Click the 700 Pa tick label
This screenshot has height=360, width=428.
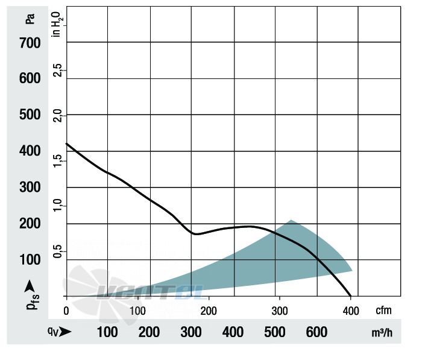click(30, 43)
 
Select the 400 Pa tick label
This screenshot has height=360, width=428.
click(30, 151)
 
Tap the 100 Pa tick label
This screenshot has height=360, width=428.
click(30, 259)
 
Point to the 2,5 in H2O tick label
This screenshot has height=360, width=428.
click(57, 70)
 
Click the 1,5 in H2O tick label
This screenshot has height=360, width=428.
click(57, 160)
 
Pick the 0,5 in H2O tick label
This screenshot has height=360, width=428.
click(57, 251)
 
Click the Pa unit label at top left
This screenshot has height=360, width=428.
click(30, 19)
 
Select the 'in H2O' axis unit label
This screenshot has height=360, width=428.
click(57, 24)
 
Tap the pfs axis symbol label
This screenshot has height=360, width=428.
click(33, 302)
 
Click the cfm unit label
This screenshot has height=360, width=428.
click(383, 311)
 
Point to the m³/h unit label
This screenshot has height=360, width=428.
click(382, 333)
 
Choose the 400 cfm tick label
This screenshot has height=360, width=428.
click(351, 311)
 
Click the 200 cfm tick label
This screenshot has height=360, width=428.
click(209, 311)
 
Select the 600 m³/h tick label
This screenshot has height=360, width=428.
click(316, 332)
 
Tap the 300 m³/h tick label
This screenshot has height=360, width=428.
click(191, 332)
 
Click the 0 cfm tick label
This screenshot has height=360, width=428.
click(66, 311)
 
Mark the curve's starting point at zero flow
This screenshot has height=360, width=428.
click(66, 144)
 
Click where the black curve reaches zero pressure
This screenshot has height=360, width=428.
click(351, 296)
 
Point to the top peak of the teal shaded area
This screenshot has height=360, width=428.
click(291, 220)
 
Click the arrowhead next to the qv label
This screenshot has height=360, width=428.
click(65, 332)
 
